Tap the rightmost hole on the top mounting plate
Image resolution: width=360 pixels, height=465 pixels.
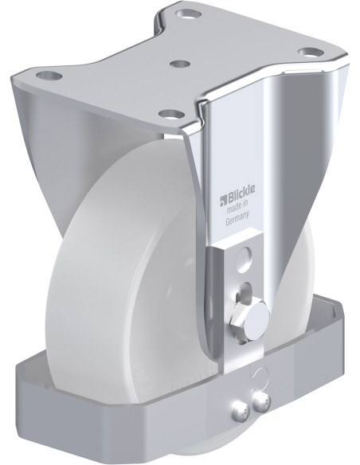pos(307,53)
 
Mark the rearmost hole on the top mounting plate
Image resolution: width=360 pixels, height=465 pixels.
pos(189,14)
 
